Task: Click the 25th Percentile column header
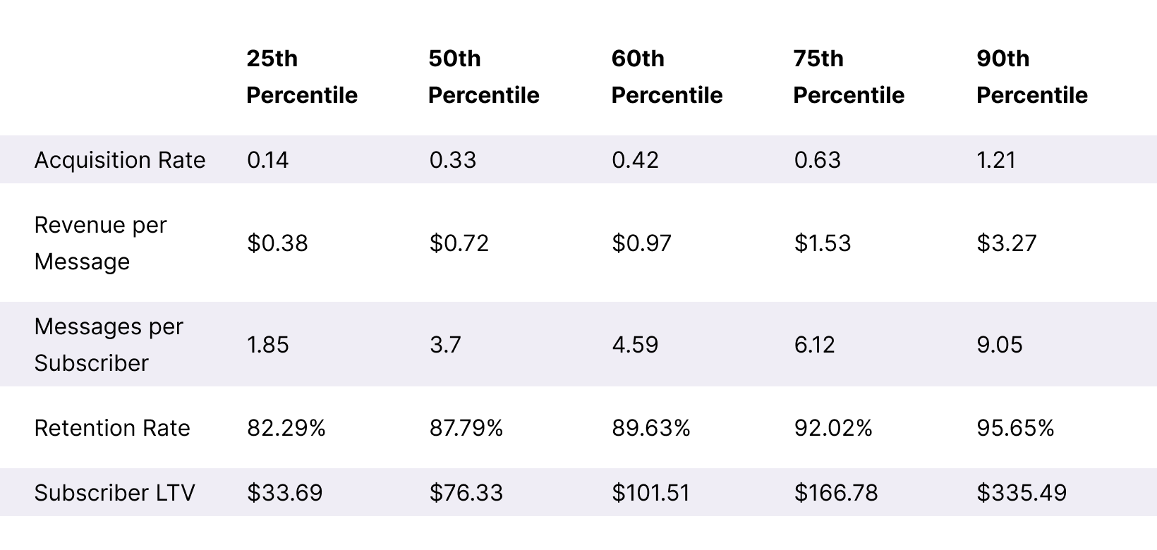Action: click(x=301, y=77)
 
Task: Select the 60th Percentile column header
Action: click(x=666, y=77)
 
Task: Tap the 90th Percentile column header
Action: click(x=1031, y=77)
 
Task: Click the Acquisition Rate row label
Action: click(x=119, y=160)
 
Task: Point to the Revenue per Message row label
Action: click(x=100, y=243)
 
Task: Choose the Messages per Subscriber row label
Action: click(x=108, y=345)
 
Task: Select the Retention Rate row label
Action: click(x=111, y=428)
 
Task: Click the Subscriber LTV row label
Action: click(x=114, y=492)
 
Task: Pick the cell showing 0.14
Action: click(x=267, y=160)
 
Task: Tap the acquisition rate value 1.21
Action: click(x=996, y=160)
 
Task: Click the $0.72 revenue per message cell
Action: click(x=459, y=243)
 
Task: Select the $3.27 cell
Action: click(x=1006, y=243)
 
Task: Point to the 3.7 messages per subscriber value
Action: click(x=444, y=345)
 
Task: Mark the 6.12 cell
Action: click(x=814, y=345)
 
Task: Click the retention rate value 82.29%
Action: click(x=286, y=428)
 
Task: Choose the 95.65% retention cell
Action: click(x=1015, y=428)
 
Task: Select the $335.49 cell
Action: click(x=1021, y=492)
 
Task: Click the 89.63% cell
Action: click(x=650, y=428)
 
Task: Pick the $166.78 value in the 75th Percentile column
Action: click(x=835, y=492)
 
